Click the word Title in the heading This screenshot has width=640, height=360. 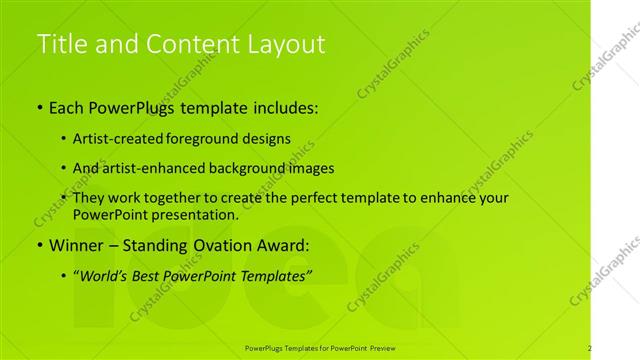(58, 44)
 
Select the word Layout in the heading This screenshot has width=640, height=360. (285, 44)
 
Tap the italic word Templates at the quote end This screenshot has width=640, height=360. (278, 274)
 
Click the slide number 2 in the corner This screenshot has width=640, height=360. (589, 348)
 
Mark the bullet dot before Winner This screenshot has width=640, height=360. (39, 245)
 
